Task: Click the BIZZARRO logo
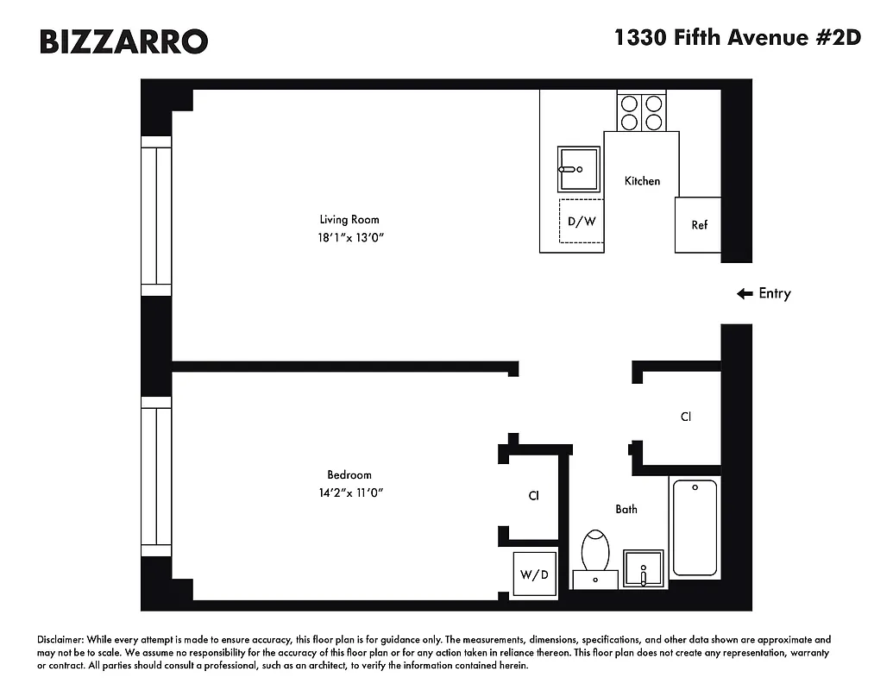coord(123,41)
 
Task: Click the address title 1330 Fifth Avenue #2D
coord(737,38)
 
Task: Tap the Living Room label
coord(349,219)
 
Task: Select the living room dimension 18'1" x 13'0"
coord(349,236)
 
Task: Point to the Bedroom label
coord(349,474)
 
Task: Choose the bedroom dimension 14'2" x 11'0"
coord(349,492)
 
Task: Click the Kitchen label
coord(642,180)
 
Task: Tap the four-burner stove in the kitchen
coord(642,111)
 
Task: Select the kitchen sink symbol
coord(578,168)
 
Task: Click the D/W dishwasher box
coord(581,222)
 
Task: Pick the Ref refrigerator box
coord(699,225)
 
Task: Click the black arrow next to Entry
coord(745,293)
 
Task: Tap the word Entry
coord(774,293)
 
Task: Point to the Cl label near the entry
coord(685,417)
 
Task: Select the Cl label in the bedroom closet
coord(533,496)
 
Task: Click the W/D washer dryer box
coord(533,574)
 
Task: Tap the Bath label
coord(626,509)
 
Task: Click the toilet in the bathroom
coord(595,553)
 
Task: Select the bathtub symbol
coord(695,528)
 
